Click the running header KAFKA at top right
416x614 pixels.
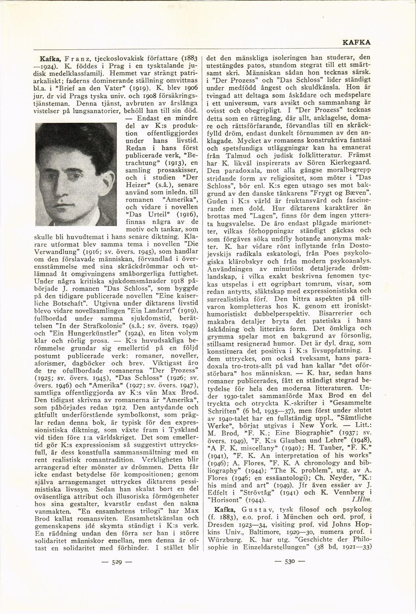(356, 42)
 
